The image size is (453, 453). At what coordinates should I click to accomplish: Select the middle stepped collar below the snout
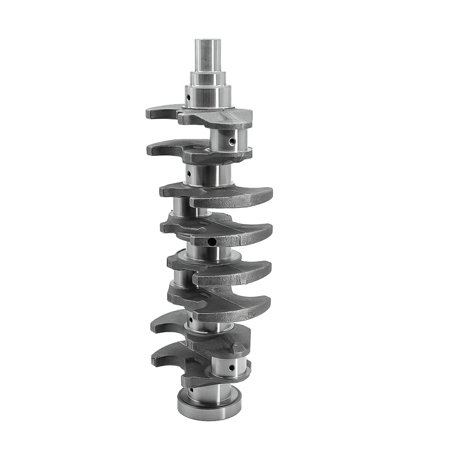click(207, 78)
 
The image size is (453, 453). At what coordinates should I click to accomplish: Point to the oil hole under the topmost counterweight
click(232, 140)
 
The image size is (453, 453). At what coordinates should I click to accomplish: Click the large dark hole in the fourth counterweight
click(212, 242)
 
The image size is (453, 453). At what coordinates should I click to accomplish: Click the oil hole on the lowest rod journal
click(231, 367)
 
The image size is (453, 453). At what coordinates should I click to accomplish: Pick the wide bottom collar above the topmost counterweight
click(207, 97)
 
